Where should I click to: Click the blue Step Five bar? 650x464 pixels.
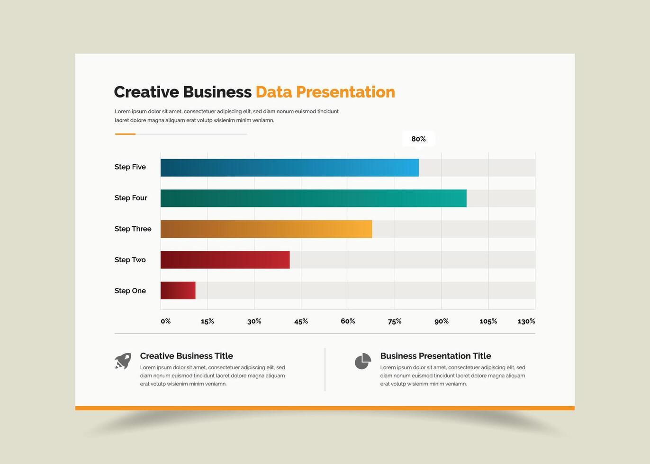pyautogui.click(x=289, y=168)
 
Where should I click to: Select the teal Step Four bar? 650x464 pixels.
pyautogui.click(x=314, y=198)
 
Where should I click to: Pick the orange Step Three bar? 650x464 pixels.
pyautogui.click(x=266, y=229)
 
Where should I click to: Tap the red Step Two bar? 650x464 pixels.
pyautogui.click(x=225, y=260)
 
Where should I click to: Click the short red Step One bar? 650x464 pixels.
pyautogui.click(x=178, y=291)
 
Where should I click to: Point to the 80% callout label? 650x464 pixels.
pyautogui.click(x=418, y=139)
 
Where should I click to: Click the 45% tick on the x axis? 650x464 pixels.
pyautogui.click(x=301, y=321)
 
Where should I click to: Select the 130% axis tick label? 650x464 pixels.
pyautogui.click(x=526, y=321)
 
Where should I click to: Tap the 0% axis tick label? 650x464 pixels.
pyautogui.click(x=166, y=321)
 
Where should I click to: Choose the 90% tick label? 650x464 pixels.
pyautogui.click(x=442, y=321)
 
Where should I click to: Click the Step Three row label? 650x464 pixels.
pyautogui.click(x=133, y=229)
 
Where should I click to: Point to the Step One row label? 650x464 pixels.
pyautogui.click(x=130, y=291)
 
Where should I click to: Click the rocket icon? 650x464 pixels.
pyautogui.click(x=123, y=361)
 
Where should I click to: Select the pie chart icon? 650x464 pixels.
pyautogui.click(x=363, y=361)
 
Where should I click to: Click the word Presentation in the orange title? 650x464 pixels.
pyautogui.click(x=345, y=92)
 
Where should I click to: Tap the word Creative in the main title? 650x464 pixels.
pyautogui.click(x=146, y=92)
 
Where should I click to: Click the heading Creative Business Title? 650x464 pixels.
pyautogui.click(x=187, y=356)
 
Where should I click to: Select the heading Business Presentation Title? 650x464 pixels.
pyautogui.click(x=435, y=356)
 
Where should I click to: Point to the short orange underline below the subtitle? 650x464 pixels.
pyautogui.click(x=126, y=134)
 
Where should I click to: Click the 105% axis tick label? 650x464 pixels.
pyautogui.click(x=488, y=321)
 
